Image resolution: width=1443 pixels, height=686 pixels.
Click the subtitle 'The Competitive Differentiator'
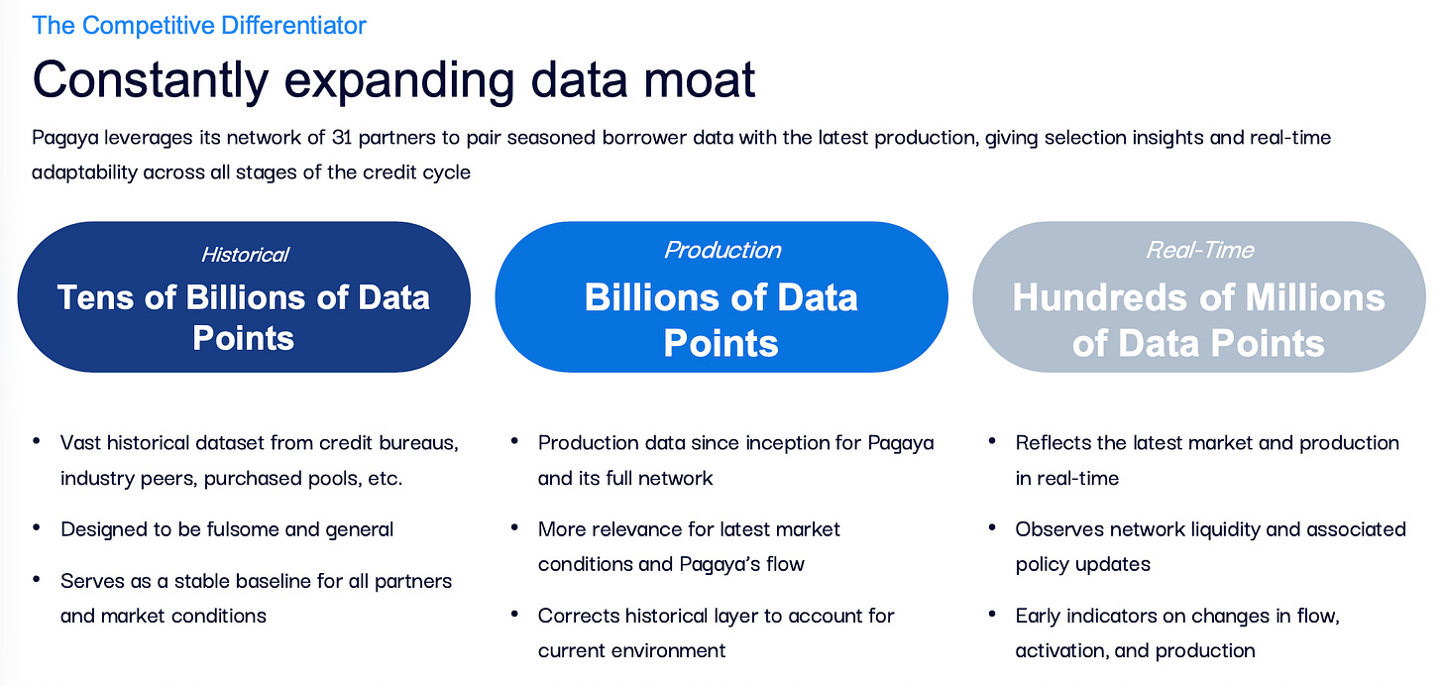point(199,25)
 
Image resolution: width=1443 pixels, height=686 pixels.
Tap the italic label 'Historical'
point(245,255)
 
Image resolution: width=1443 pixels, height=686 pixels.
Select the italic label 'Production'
point(722,250)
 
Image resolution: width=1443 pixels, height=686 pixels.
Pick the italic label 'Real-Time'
point(1199,250)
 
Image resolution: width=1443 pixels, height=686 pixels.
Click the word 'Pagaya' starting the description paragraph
point(66,137)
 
